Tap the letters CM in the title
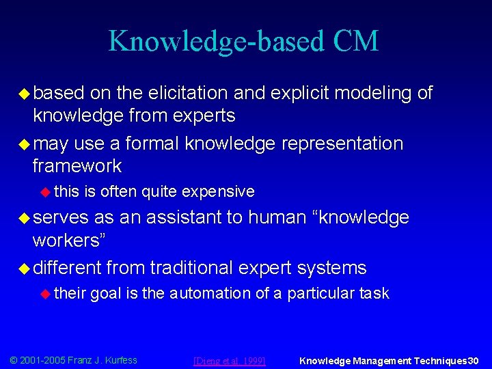(x=355, y=41)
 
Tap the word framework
(x=77, y=166)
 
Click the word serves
(x=61, y=217)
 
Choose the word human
(x=276, y=217)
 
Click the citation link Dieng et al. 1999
(x=230, y=360)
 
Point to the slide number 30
(x=473, y=360)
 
